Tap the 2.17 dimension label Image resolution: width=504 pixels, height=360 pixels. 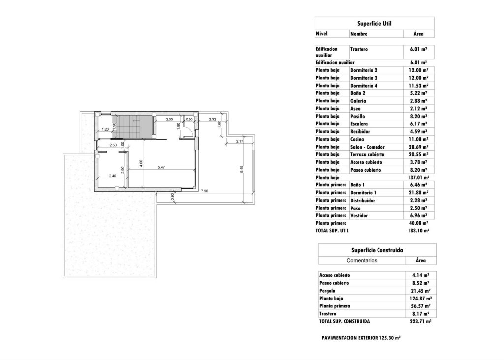coord(240,142)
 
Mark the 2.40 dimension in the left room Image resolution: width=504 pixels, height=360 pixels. coord(112,175)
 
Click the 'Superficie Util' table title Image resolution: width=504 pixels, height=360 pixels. coord(374,23)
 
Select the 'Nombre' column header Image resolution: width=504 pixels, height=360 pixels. coord(359,34)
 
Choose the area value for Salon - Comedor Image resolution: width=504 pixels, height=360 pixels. coord(418,147)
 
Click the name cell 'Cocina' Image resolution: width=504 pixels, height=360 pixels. coord(358,139)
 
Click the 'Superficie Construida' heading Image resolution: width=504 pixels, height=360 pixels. coord(377,250)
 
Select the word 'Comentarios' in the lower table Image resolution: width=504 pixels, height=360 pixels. coord(362,260)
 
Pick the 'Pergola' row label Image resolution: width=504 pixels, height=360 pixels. coord(328,291)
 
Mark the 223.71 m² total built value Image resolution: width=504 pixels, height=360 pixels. coord(421,321)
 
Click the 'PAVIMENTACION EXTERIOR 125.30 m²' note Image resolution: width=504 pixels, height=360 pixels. coord(361,338)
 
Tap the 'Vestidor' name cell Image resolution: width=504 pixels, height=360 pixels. coord(360,215)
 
